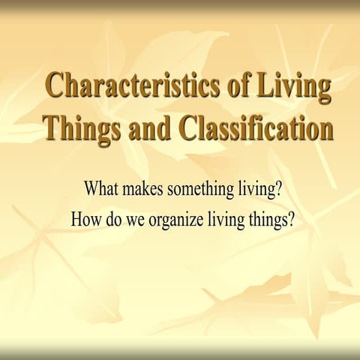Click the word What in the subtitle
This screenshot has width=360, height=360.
101,187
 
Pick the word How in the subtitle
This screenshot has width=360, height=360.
84,220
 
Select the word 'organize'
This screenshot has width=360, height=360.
174,221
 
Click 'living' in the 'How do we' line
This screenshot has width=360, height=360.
223,221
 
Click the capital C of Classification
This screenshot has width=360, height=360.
190,127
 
